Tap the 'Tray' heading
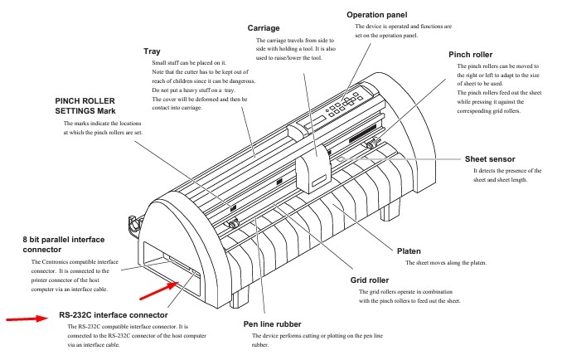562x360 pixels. coord(152,51)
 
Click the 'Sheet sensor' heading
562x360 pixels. coord(489,158)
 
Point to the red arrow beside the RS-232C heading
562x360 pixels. coord(26,317)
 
